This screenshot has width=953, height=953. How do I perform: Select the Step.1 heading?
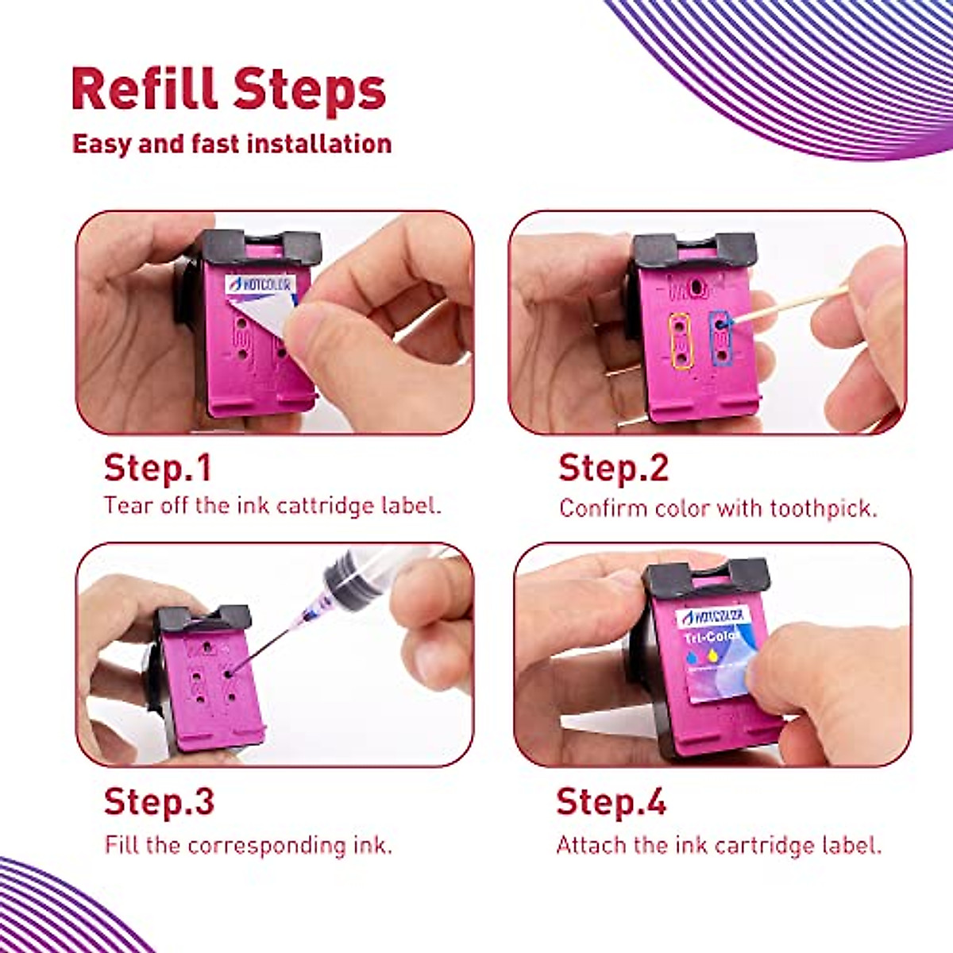158,468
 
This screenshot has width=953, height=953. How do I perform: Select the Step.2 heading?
613,468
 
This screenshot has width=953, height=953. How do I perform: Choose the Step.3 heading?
159,801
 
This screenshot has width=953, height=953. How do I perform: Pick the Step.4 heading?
611,801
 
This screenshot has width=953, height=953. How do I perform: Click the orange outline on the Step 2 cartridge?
680,341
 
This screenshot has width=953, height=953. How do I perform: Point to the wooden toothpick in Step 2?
794,305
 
